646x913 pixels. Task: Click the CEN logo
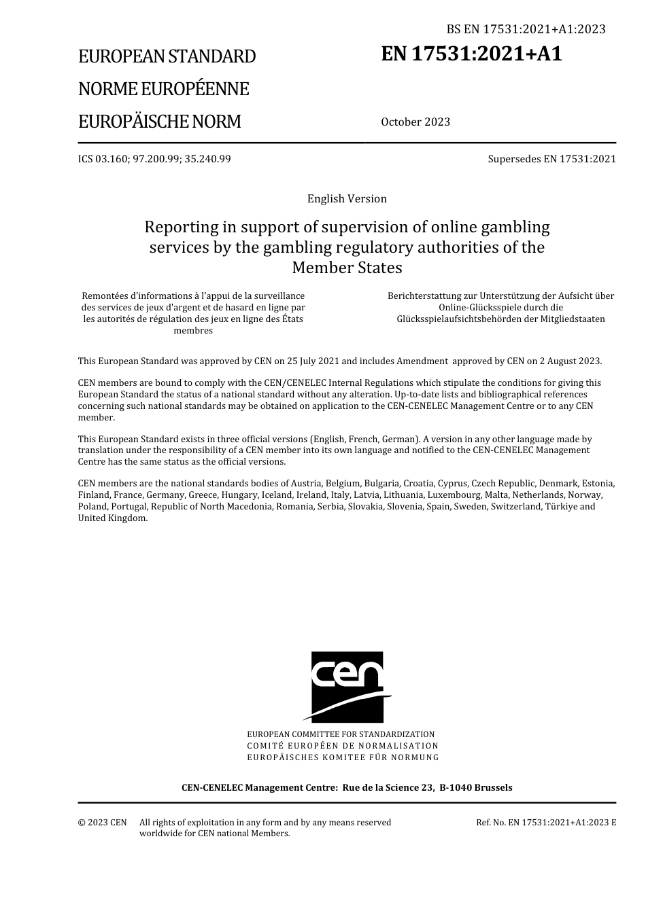[347, 687]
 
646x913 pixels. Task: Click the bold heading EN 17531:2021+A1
[472, 54]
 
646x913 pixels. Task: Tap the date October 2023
[415, 122]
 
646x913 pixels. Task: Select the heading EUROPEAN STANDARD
[167, 56]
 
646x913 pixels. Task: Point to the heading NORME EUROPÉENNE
[163, 89]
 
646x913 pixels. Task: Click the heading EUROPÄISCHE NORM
[159, 122]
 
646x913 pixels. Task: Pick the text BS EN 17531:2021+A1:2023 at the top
[526, 29]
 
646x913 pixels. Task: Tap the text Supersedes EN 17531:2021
[551, 159]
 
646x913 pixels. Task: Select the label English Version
[347, 199]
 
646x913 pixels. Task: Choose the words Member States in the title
[347, 268]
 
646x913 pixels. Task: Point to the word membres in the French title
[193, 331]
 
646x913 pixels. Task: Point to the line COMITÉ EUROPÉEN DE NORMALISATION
[343, 746]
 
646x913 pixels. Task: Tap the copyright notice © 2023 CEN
[102, 823]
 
